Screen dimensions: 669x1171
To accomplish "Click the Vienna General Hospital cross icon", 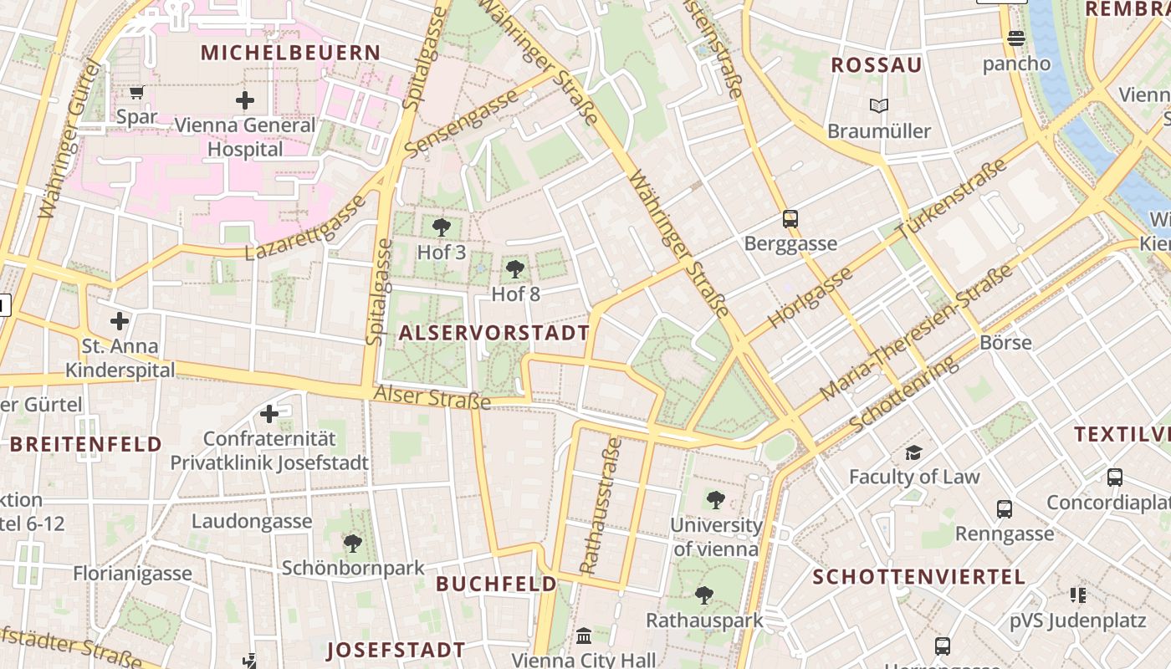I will [x=245, y=101].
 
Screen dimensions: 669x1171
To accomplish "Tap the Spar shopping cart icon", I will [x=136, y=92].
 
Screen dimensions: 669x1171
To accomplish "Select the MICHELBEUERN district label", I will [x=291, y=53].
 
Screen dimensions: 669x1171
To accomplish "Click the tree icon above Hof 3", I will [x=441, y=227].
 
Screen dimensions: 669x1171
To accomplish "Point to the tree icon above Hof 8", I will [x=515, y=269].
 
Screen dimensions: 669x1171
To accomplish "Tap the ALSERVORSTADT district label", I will [x=494, y=333].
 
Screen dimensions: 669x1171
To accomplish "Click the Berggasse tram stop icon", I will [x=790, y=219].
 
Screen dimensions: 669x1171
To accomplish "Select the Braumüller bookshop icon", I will [x=878, y=106].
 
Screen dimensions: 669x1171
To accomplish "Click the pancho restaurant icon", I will [x=1016, y=38].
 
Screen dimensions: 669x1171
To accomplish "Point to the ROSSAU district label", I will [x=877, y=65].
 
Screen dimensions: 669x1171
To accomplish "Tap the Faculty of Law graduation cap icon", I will [x=913, y=453].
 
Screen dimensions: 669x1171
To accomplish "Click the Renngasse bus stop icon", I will [x=1005, y=508].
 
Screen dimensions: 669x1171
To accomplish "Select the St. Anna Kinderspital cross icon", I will [x=120, y=321].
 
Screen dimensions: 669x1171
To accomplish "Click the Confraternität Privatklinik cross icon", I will [x=269, y=414].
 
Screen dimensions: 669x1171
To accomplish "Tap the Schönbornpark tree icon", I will [x=353, y=544].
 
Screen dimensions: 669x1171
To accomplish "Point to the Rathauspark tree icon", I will [x=704, y=595].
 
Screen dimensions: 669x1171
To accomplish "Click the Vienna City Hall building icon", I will [x=584, y=636].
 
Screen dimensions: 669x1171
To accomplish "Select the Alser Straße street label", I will [x=432, y=397].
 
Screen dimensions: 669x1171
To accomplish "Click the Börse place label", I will [x=1005, y=343].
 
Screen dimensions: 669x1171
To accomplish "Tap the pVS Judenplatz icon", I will [x=1077, y=595].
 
